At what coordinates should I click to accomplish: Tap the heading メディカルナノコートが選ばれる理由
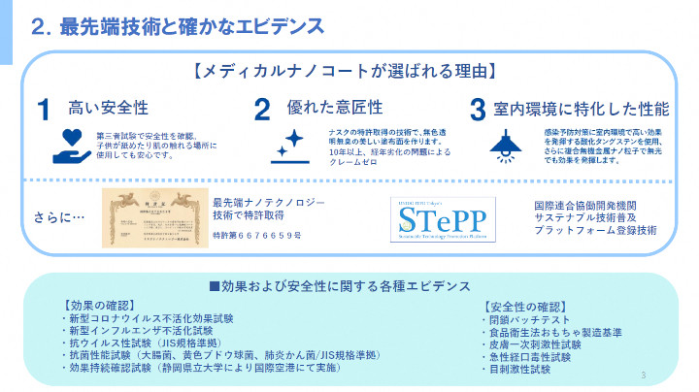tap(346, 72)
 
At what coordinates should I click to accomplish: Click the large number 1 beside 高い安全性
tap(44, 110)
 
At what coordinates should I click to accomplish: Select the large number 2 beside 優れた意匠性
tap(262, 110)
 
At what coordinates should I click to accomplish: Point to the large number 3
tap(477, 110)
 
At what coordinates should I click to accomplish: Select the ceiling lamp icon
tap(503, 144)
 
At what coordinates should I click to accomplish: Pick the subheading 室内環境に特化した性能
tap(582, 109)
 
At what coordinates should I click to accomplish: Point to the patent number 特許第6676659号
tap(257, 236)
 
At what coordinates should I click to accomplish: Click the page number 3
tap(644, 376)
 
